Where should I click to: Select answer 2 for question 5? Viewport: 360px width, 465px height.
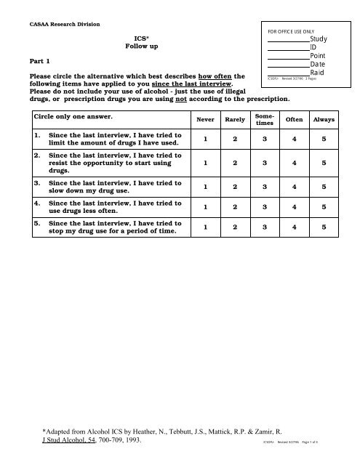tap(236, 227)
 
